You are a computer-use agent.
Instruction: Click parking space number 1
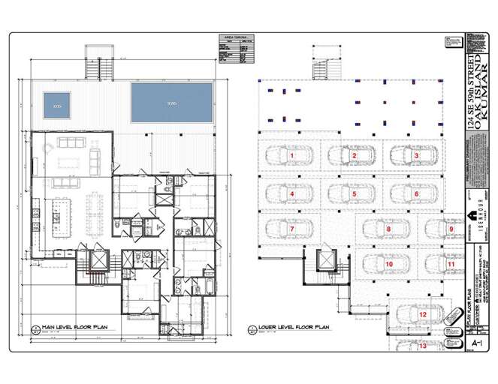291,155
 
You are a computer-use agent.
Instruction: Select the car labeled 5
353,193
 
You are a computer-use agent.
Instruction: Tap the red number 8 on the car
388,229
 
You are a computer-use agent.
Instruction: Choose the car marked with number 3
415,155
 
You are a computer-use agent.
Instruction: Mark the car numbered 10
388,264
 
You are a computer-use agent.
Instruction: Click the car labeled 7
291,229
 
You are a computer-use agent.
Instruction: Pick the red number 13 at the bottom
422,346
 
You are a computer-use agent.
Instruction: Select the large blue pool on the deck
171,103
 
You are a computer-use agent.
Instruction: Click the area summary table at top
234,50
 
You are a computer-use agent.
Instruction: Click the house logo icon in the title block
475,214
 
